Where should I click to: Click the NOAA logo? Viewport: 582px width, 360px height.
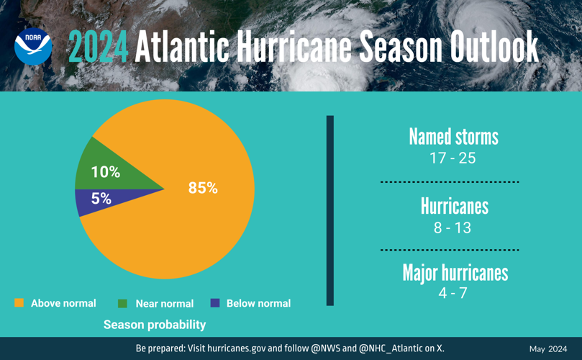tap(33, 47)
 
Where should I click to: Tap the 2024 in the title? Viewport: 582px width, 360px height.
tap(98, 48)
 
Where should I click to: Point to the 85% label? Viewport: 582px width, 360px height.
tap(203, 188)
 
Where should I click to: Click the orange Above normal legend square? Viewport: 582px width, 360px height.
tap(19, 303)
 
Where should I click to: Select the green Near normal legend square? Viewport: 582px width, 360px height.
tap(122, 303)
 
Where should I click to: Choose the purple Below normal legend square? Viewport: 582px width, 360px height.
tap(214, 303)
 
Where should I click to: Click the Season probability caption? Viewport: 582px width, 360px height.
tap(155, 325)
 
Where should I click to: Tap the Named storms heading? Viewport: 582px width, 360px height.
tap(453, 137)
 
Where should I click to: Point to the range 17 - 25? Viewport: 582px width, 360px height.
tap(453, 158)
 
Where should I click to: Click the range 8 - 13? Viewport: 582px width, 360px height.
tap(453, 228)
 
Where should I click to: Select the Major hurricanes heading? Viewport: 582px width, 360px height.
tap(455, 273)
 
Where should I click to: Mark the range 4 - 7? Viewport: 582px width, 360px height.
tap(453, 292)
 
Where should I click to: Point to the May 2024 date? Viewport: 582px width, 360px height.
tap(548, 349)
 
